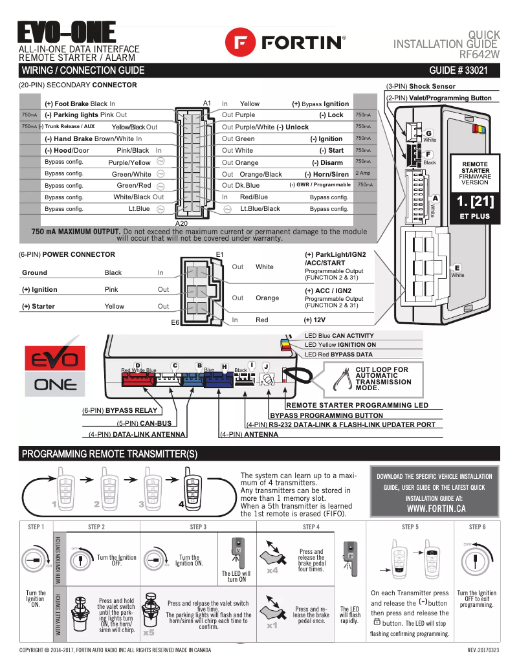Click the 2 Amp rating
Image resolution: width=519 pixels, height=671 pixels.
coord(364,173)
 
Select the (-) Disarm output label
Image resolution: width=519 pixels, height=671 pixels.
coord(327,162)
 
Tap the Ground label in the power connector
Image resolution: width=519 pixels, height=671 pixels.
coord(34,273)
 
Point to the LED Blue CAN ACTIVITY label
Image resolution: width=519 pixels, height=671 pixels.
coord(339,336)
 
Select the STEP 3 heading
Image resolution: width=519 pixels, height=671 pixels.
coord(198,527)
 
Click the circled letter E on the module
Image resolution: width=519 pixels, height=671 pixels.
coord(458,268)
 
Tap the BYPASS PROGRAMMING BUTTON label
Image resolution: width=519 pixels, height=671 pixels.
coord(326,415)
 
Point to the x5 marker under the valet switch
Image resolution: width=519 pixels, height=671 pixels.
coord(149,632)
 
